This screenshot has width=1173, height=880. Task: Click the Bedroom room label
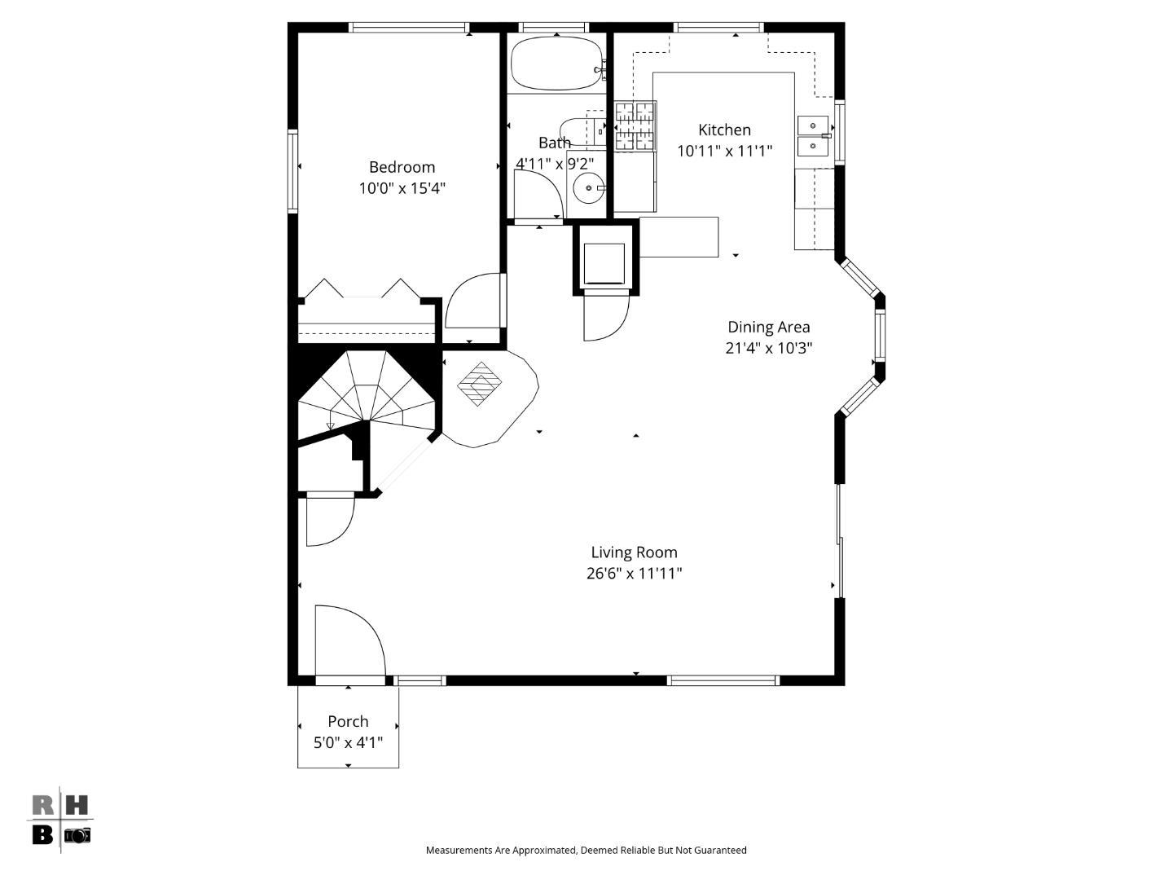[x=402, y=167]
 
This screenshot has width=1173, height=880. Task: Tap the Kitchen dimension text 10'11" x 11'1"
[x=724, y=151]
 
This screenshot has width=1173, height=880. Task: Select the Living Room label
[x=634, y=552]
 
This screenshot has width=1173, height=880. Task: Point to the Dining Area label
[x=768, y=327]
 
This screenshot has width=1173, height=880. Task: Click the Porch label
[x=348, y=721]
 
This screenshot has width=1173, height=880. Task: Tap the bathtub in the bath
[x=556, y=64]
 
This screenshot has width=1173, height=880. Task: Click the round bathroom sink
[x=587, y=188]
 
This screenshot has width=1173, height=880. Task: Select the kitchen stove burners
[x=635, y=125]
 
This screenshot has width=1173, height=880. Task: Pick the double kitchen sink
[x=812, y=135]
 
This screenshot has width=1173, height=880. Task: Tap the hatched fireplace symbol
[x=480, y=383]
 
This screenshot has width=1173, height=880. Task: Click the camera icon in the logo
[x=78, y=835]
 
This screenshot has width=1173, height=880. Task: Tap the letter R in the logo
[x=43, y=806]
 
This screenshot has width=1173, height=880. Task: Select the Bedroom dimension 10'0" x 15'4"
[x=402, y=188]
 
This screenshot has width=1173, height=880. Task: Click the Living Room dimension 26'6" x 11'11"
[x=634, y=574]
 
